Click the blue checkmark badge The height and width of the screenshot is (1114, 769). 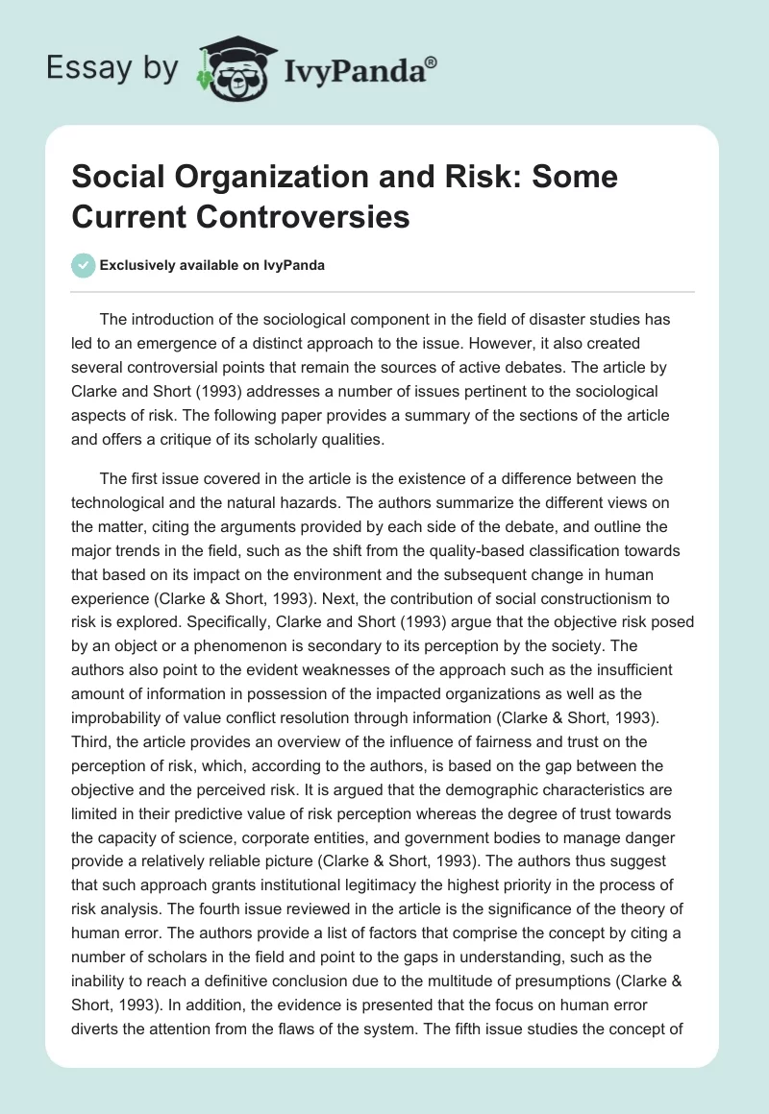83,265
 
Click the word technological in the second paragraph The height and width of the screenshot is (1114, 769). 128,503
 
